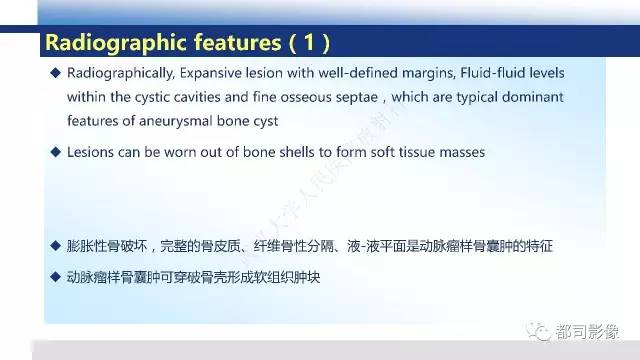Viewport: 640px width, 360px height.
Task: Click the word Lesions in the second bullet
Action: [x=92, y=152]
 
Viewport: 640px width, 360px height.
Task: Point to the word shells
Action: [x=297, y=152]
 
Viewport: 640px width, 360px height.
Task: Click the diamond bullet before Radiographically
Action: [x=56, y=76]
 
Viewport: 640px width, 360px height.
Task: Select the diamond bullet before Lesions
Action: [x=56, y=152]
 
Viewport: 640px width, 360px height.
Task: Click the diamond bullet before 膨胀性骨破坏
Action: [x=56, y=245]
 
